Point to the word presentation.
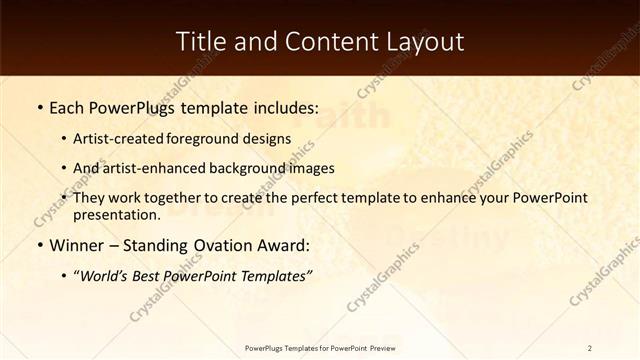116,214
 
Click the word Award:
282,246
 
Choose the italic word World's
108,276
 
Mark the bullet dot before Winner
39,246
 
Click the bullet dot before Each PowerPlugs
39,108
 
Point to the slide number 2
590,347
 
